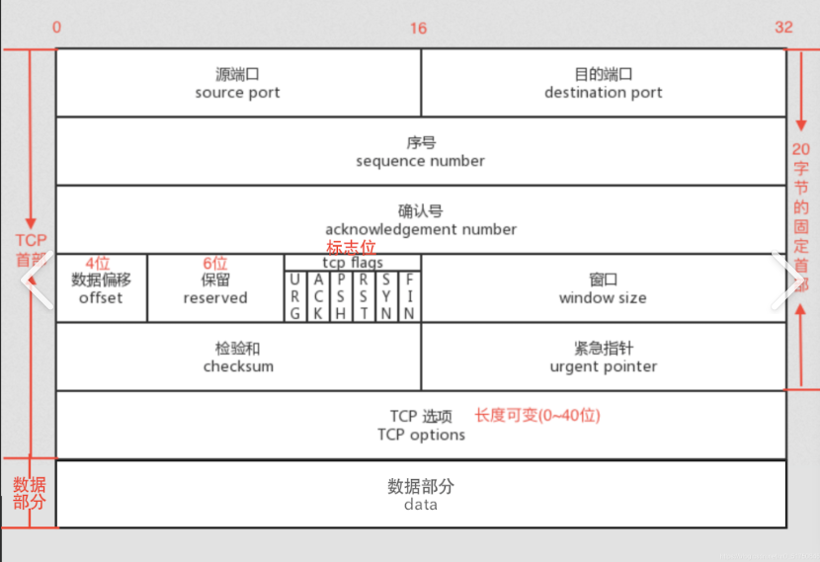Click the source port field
238,83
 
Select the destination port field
604,83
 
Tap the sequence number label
421,160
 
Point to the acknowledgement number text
421,229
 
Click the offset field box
101,287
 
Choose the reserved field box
215,287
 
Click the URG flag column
295,296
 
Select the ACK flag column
318,296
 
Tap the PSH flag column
341,296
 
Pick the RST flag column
364,296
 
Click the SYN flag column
386,296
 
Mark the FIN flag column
409,296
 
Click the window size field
603,287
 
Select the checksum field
238,357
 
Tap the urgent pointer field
604,357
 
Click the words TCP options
421,435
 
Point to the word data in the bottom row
421,504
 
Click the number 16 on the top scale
419,29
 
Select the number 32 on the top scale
783,28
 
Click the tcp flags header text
353,263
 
